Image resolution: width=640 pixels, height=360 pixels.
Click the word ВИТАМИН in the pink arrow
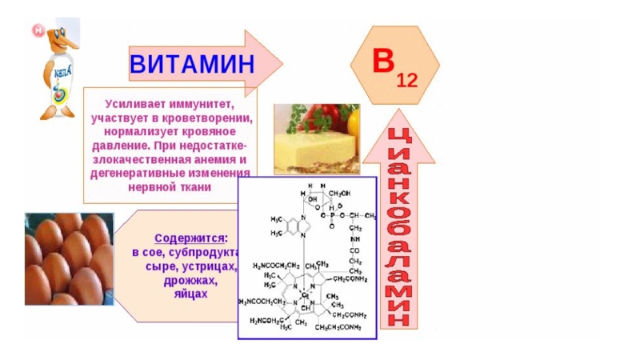tap(191, 62)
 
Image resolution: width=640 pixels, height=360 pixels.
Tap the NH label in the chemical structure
tap(354, 238)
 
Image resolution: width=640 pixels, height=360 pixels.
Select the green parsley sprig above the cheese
tap(298, 120)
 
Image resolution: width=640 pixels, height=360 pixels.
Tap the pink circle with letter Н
tap(37, 30)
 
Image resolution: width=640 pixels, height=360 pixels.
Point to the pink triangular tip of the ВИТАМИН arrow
tap(269, 62)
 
